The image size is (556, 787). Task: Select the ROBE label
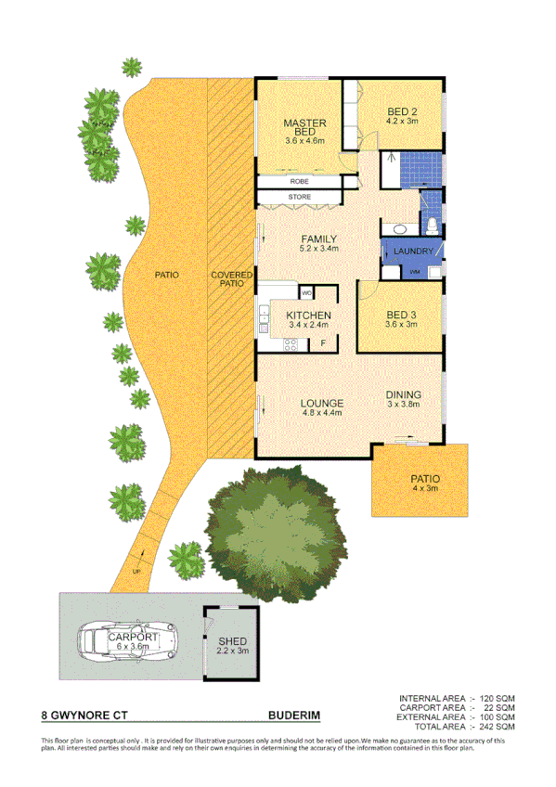click(x=299, y=181)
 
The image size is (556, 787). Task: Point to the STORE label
click(x=299, y=197)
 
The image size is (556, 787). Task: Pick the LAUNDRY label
click(x=411, y=252)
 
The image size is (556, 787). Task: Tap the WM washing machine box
click(x=414, y=271)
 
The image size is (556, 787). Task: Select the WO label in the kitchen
click(x=306, y=293)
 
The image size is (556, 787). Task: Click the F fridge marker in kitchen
click(x=323, y=344)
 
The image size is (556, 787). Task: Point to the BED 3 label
click(x=403, y=316)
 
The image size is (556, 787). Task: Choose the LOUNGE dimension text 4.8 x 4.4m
click(x=322, y=413)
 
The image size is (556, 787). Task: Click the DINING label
click(x=405, y=393)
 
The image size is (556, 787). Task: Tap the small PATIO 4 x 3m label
click(x=425, y=481)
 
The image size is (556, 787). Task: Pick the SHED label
click(x=231, y=641)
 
